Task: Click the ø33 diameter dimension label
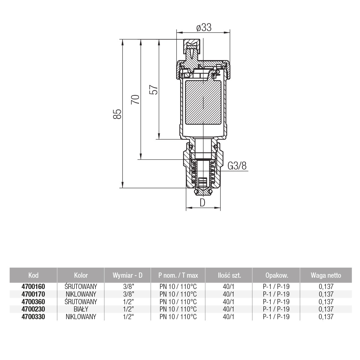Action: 204,27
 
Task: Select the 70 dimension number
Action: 135,99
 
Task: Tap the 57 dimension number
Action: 154,90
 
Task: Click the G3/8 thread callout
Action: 237,166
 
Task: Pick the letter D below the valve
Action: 202,203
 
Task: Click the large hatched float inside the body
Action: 203,103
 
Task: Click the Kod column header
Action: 33,275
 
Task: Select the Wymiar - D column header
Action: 127,275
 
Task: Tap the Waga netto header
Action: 326,275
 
